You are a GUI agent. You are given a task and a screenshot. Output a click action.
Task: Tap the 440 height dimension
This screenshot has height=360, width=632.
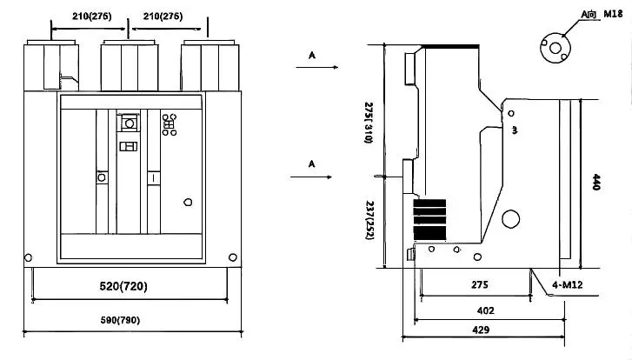tap(596, 182)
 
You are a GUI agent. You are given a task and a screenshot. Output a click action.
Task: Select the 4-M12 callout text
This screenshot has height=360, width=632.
tap(566, 284)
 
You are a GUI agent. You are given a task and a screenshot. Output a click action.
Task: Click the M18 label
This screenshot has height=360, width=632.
tap(594, 15)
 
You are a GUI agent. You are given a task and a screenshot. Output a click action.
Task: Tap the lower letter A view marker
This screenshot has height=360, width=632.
tap(312, 163)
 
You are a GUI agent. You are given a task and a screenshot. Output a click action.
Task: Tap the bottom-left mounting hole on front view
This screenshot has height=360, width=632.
tap(28, 257)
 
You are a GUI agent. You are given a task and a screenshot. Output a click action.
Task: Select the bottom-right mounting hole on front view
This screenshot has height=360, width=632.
tap(232, 257)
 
